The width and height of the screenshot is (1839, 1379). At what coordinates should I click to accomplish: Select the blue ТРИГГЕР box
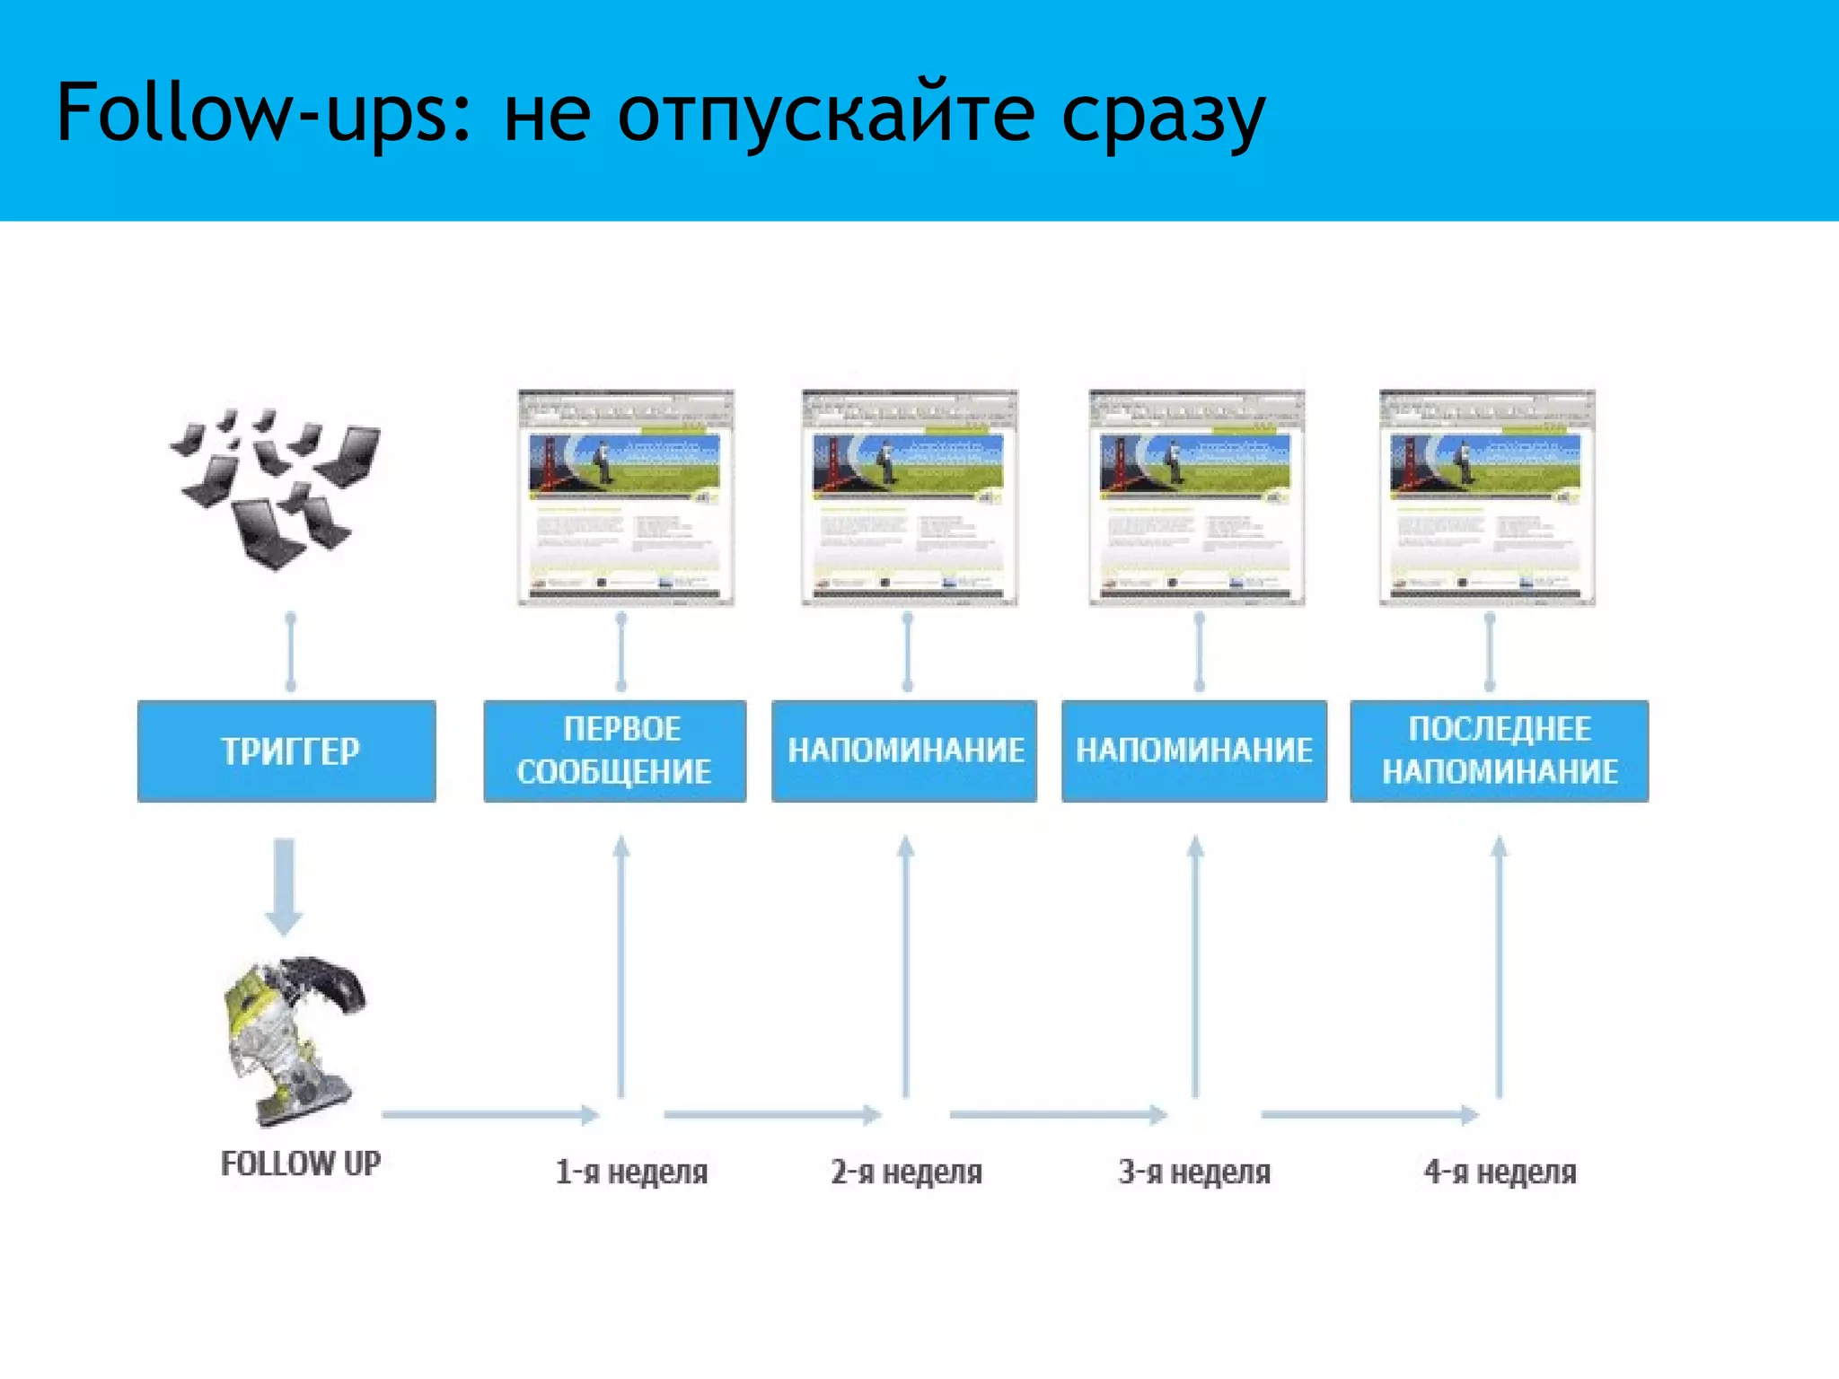286,751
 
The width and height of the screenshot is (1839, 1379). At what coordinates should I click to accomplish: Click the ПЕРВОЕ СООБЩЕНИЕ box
615,751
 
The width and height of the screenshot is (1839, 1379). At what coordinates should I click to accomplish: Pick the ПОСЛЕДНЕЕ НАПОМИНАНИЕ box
1499,751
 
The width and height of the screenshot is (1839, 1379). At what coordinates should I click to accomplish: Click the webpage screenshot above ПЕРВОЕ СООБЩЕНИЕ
626,497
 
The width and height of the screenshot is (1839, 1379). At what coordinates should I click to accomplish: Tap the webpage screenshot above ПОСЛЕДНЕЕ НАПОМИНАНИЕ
1487,497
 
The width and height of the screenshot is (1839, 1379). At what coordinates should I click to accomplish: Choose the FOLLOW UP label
301,1164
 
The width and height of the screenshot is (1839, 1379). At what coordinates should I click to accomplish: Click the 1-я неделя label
631,1173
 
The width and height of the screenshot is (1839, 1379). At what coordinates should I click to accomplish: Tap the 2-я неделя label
906,1173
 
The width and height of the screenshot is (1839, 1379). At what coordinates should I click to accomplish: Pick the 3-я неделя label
1194,1173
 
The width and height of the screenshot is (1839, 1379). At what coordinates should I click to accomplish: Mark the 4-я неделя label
1500,1173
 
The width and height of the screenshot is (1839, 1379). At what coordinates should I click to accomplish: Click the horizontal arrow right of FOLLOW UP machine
489,1115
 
